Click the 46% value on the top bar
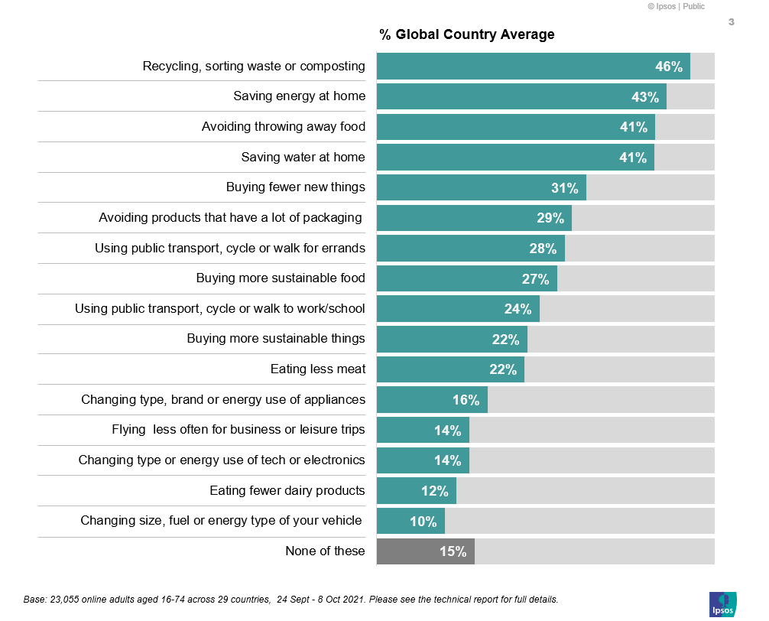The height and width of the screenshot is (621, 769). (669, 67)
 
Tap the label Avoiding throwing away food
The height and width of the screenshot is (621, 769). (284, 127)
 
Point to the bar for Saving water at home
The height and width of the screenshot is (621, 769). (515, 158)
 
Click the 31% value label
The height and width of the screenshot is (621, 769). (565, 188)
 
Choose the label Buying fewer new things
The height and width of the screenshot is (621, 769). (296, 187)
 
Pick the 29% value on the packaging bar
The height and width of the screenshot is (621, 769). (550, 218)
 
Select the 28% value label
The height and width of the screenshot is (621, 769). (543, 249)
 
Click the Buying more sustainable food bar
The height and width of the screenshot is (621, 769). (466, 278)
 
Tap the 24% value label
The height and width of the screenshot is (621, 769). (518, 309)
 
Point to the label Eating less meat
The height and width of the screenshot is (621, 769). (318, 369)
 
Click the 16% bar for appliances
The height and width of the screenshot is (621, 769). (432, 400)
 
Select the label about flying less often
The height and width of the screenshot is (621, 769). (238, 430)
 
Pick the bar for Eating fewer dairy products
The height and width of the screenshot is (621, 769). (417, 491)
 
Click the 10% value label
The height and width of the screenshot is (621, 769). (423, 522)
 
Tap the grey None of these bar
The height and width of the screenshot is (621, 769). (426, 551)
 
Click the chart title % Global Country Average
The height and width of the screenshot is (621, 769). (467, 34)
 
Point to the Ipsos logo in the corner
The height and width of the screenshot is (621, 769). (722, 603)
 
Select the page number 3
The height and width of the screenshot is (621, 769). (731, 22)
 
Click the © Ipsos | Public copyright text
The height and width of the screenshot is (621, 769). (676, 6)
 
